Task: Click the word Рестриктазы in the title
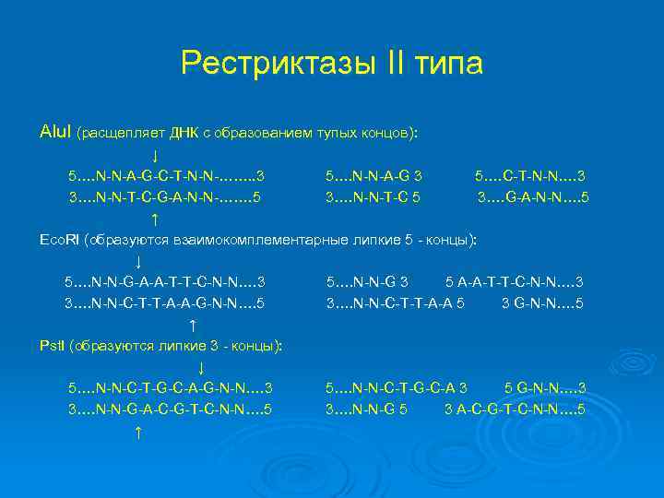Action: point(267,64)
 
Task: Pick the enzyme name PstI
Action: point(53,345)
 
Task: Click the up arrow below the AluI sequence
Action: point(154,219)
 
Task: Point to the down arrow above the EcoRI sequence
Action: point(137,262)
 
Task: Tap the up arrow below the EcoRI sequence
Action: point(192,325)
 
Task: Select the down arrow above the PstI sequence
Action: point(201,367)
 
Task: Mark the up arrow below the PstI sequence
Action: point(137,432)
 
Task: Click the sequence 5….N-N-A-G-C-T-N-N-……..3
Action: point(166,175)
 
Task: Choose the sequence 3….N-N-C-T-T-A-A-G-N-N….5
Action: point(164,302)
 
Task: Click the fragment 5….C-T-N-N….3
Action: point(529,175)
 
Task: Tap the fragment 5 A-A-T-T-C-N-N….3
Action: point(514,281)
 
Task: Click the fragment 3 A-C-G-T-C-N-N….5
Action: point(514,409)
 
